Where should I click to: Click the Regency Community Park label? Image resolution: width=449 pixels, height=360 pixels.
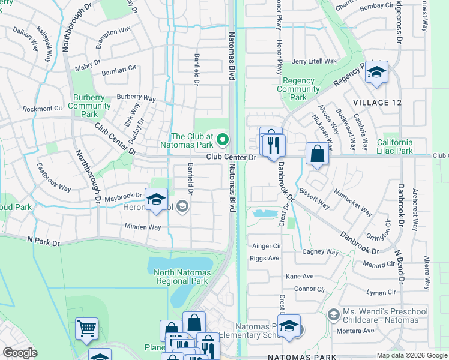(x=298, y=89)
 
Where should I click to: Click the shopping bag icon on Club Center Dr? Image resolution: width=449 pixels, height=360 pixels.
(x=317, y=154)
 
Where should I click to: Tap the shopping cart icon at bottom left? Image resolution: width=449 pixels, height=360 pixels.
(x=86, y=329)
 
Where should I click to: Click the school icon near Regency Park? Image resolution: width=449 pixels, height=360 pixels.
(x=376, y=72)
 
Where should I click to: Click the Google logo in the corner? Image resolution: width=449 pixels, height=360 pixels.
(x=20, y=353)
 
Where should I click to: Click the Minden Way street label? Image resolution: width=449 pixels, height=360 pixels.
(x=143, y=227)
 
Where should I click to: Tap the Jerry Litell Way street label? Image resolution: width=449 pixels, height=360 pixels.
(x=314, y=61)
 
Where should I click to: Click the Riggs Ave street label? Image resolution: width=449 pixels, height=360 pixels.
(x=266, y=258)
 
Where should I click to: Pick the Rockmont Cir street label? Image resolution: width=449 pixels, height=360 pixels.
(x=43, y=109)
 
